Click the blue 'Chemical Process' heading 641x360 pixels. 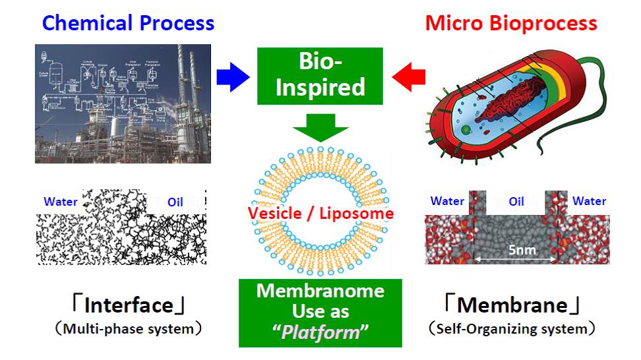[x=128, y=23]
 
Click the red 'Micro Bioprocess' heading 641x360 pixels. [x=511, y=23]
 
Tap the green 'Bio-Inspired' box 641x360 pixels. [x=320, y=76]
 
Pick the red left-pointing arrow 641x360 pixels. [x=408, y=77]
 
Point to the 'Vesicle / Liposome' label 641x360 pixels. [x=320, y=214]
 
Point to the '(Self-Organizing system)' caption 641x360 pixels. [x=512, y=327]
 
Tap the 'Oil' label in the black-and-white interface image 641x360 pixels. [x=175, y=202]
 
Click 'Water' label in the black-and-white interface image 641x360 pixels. [x=61, y=202]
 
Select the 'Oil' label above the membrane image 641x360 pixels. [x=516, y=202]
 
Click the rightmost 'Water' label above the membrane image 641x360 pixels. [x=589, y=201]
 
